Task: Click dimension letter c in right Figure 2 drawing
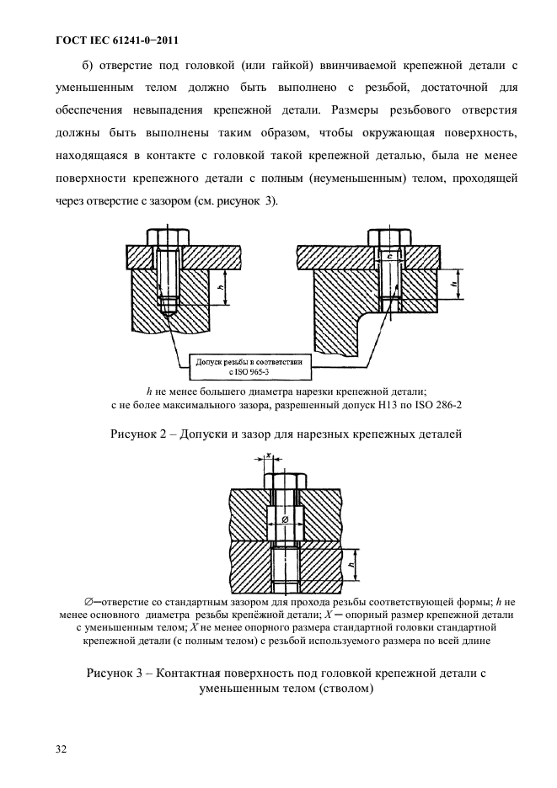389,255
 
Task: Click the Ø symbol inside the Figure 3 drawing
283,520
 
